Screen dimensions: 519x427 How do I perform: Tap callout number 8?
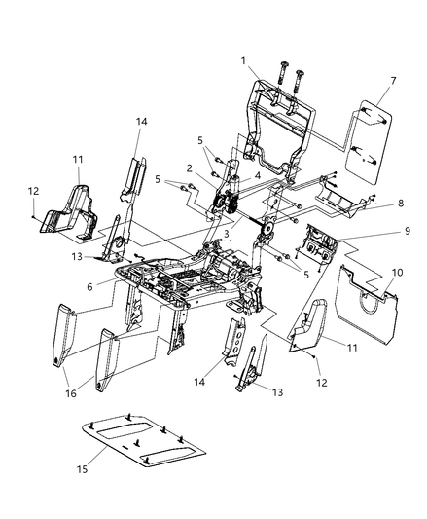tap(401, 205)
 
